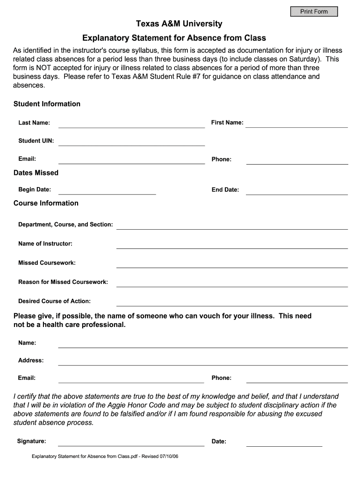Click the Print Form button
coord(314,11)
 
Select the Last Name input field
coord(131,123)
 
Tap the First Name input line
coord(296,123)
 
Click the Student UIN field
coord(131,141)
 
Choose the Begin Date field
coord(107,190)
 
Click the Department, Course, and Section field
coord(232,225)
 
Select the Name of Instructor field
coord(232,244)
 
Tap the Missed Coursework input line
coord(232,263)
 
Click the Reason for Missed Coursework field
coord(232,283)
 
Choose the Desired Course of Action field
coord(232,302)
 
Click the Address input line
coord(202,361)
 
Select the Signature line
coord(131,442)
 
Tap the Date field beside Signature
coord(284,442)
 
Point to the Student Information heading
coord(47,104)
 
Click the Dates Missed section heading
coord(36,173)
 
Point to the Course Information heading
coord(46,203)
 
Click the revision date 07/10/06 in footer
coord(168,456)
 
